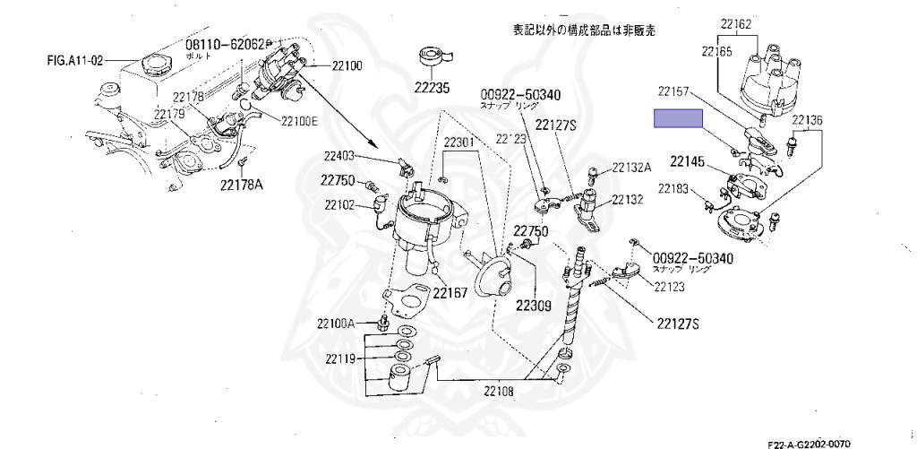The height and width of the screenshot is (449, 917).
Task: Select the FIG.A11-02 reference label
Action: pyautogui.click(x=75, y=61)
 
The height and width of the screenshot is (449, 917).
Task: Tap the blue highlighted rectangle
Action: pyautogui.click(x=678, y=119)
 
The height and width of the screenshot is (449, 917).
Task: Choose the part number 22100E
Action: pyautogui.click(x=299, y=121)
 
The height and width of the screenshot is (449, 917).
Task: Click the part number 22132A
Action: pyautogui.click(x=632, y=168)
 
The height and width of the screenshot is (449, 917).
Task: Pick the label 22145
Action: pyautogui.click(x=689, y=162)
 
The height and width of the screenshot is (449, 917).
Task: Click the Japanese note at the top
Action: pyautogui.click(x=583, y=30)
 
